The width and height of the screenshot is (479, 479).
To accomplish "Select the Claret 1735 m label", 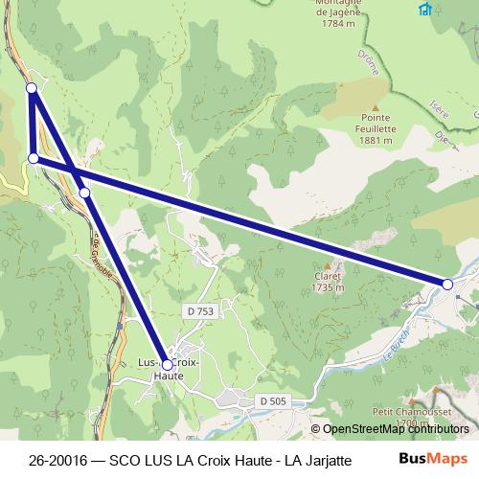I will [328, 280].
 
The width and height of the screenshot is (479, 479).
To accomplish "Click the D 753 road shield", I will [199, 310].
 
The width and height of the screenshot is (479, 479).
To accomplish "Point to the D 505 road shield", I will [272, 400].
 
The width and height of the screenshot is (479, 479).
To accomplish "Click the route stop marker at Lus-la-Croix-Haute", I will [167, 364].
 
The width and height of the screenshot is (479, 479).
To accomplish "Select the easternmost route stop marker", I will [447, 284].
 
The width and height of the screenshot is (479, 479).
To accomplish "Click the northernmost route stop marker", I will [32, 88].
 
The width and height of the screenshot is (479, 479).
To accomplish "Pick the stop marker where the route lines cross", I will [84, 193].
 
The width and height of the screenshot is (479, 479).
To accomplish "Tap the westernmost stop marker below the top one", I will [34, 158].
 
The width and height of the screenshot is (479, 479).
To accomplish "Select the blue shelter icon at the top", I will [424, 9].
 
